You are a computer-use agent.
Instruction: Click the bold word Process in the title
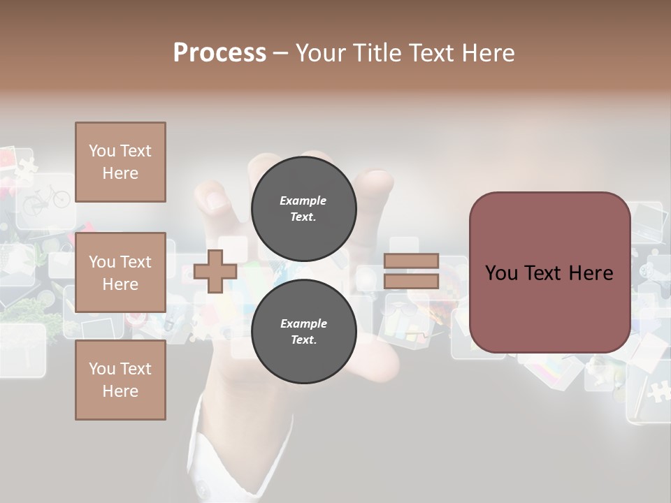click(219, 52)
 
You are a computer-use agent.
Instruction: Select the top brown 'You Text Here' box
click(120, 162)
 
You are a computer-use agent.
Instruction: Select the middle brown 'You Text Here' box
click(120, 272)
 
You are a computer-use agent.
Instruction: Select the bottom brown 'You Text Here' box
click(120, 379)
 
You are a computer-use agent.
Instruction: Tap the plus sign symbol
click(215, 271)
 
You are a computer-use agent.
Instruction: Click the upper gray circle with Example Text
click(303, 208)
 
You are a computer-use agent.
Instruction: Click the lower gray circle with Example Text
click(303, 331)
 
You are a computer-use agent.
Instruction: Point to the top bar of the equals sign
click(411, 261)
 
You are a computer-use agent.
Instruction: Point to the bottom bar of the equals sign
click(411, 282)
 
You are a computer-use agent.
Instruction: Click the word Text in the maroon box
click(549, 273)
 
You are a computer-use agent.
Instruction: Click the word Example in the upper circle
click(303, 201)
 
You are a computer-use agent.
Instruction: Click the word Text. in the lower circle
click(303, 340)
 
